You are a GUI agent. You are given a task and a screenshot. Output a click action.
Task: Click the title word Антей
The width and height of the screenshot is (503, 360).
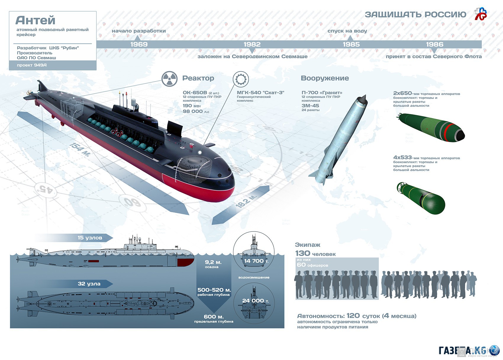pos(35,20)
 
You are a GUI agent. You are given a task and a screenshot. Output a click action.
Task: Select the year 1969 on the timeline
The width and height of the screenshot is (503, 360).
pos(139,44)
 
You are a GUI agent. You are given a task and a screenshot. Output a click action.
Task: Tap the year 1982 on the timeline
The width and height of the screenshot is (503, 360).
pos(252,44)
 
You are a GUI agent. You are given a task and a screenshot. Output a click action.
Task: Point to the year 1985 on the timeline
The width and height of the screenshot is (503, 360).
pos(351,44)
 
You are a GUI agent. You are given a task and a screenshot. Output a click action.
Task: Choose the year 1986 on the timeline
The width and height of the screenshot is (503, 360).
pos(435,44)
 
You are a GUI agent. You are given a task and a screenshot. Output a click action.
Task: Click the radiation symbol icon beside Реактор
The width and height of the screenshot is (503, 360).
pos(170,79)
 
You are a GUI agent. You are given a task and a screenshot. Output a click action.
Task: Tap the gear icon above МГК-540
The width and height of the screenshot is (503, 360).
pos(241,79)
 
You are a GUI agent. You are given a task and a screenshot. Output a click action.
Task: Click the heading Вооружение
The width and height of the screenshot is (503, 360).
pos(325,78)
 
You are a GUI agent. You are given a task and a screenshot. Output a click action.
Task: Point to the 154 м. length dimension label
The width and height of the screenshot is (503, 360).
pos(80,150)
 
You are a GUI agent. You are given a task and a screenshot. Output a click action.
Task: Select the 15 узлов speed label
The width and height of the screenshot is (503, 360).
pos(90,238)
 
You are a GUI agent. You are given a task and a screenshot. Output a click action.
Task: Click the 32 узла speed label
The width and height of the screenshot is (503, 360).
pos(89,284)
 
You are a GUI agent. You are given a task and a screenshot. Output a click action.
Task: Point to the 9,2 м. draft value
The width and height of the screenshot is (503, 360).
pos(213,262)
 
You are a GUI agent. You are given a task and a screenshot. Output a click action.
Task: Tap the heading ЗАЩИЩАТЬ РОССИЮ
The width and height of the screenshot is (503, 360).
pos(415,15)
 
